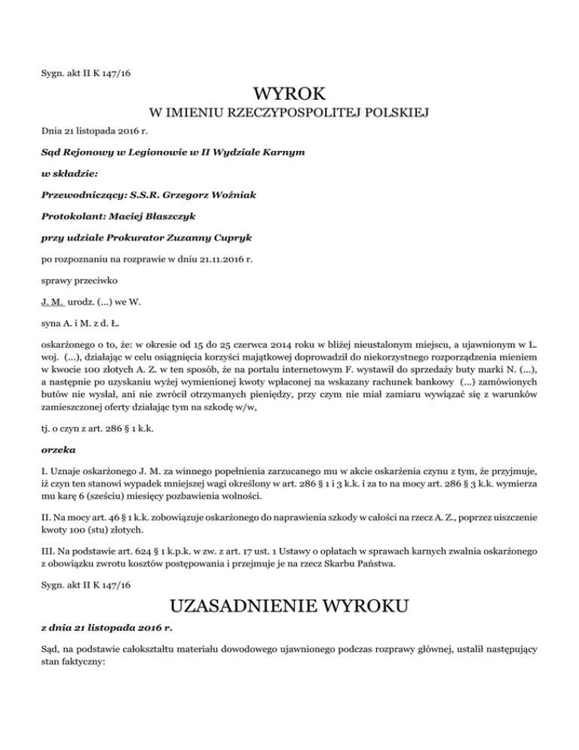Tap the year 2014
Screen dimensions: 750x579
pos(254,345)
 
